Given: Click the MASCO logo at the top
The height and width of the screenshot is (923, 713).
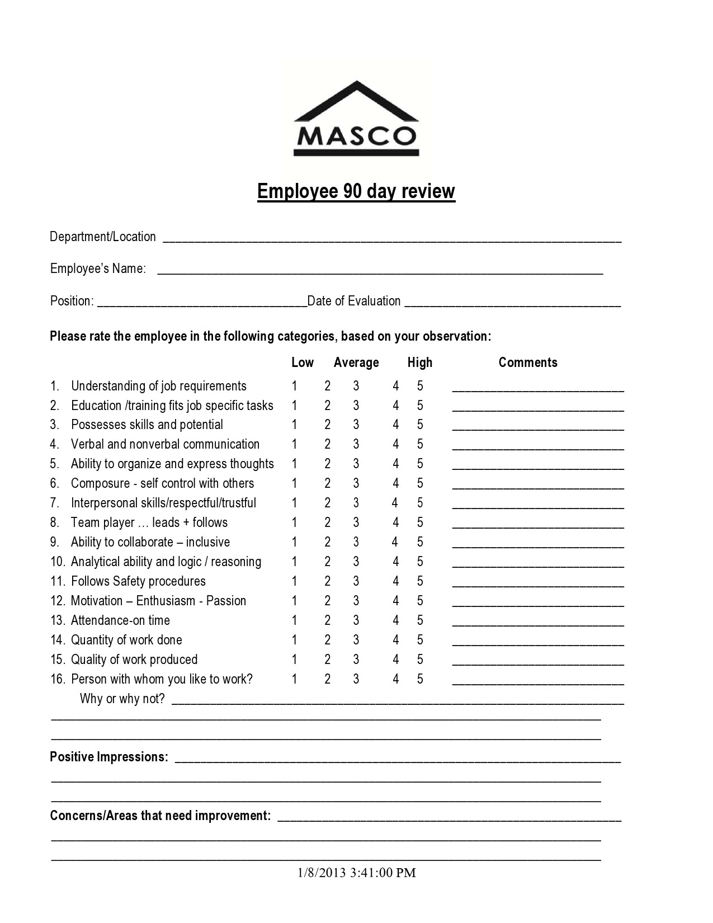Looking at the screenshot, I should [356, 119].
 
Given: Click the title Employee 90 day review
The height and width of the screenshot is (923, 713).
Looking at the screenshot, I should [356, 191].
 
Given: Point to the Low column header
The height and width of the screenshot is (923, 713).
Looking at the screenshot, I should [303, 362].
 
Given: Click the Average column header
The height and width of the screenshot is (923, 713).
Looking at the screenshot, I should [356, 362].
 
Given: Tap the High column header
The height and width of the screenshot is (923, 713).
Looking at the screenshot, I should [420, 362].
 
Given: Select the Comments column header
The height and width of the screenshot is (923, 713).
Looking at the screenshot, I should [528, 362].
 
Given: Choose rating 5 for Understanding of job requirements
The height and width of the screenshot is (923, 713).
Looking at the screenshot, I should [420, 386].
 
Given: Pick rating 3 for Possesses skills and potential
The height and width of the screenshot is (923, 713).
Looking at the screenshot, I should [356, 425].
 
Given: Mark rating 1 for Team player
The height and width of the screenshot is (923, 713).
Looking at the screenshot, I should [294, 522].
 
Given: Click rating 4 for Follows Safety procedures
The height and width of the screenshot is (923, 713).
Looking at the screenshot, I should [396, 581].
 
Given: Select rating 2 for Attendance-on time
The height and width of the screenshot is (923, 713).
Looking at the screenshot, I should [328, 620].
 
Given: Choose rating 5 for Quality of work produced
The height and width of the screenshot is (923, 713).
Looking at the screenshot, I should [420, 660].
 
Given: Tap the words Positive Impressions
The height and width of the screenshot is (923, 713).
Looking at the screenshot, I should [109, 757].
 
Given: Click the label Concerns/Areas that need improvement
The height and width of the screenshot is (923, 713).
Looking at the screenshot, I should [160, 816].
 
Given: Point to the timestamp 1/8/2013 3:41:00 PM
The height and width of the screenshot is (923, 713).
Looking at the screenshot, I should [356, 873].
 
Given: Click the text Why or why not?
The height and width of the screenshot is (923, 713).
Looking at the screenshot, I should [122, 699].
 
